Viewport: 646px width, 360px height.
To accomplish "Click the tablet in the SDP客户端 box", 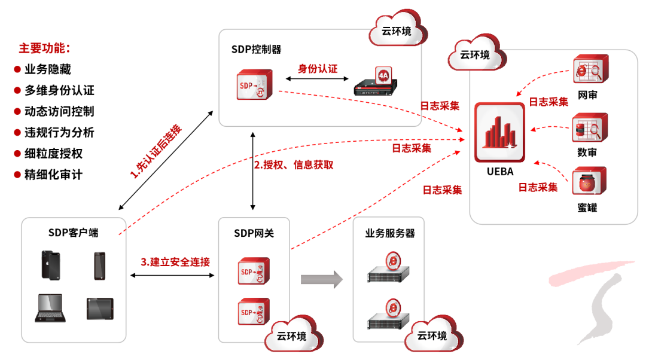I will point(100,309).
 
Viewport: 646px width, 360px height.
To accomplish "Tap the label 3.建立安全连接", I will point(175,262).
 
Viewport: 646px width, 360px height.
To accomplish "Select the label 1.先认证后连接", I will point(156,152).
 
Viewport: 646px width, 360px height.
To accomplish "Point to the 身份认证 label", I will point(318,69).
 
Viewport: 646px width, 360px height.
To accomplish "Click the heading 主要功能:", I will point(44,48).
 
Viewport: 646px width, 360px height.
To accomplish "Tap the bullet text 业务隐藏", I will point(48,69).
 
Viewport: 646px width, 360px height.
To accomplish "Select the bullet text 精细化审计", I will point(53,175).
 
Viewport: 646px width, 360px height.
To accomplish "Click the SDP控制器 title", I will point(256,49).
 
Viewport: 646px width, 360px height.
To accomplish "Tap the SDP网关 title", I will point(254,233).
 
